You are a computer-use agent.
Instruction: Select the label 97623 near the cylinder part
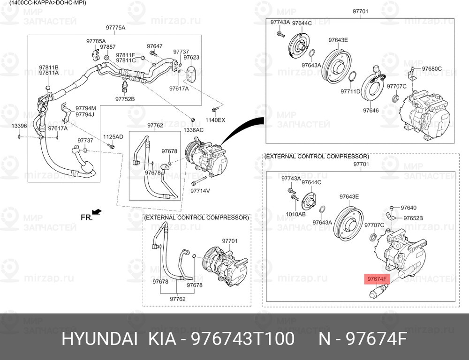(191, 58)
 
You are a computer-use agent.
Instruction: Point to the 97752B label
(125, 99)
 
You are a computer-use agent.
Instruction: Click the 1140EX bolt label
(215, 120)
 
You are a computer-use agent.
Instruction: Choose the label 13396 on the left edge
(19, 126)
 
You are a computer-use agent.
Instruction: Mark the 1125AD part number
(113, 137)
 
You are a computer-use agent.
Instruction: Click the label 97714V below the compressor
(200, 191)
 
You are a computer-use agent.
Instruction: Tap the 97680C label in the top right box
(431, 69)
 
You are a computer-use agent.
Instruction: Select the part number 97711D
(350, 91)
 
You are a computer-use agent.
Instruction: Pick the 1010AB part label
(296, 214)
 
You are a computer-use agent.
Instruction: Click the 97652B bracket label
(413, 218)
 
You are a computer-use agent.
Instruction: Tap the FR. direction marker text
(87, 217)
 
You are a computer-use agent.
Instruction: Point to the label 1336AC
(193, 130)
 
